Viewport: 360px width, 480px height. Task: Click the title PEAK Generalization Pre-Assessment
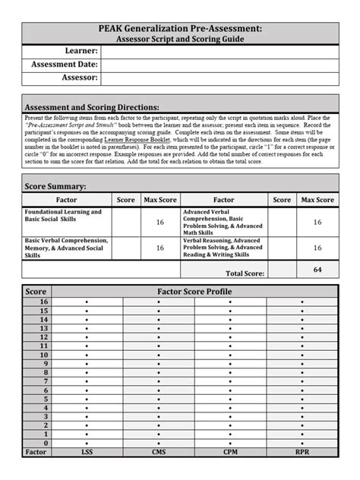point(180,27)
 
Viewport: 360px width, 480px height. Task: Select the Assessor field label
point(77,77)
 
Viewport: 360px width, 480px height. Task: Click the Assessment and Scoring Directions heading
point(93,107)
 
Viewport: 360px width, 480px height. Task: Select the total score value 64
point(317,270)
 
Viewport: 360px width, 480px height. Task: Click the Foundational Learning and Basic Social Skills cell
point(67,216)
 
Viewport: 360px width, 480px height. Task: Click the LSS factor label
point(87,453)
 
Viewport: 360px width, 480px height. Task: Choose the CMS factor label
point(159,453)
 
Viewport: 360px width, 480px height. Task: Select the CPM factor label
point(230,453)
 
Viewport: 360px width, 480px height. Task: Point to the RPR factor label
point(302,453)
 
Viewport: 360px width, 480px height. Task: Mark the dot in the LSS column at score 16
point(87,302)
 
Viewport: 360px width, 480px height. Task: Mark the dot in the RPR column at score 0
point(302,443)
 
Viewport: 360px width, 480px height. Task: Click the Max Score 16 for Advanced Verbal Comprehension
point(317,222)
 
